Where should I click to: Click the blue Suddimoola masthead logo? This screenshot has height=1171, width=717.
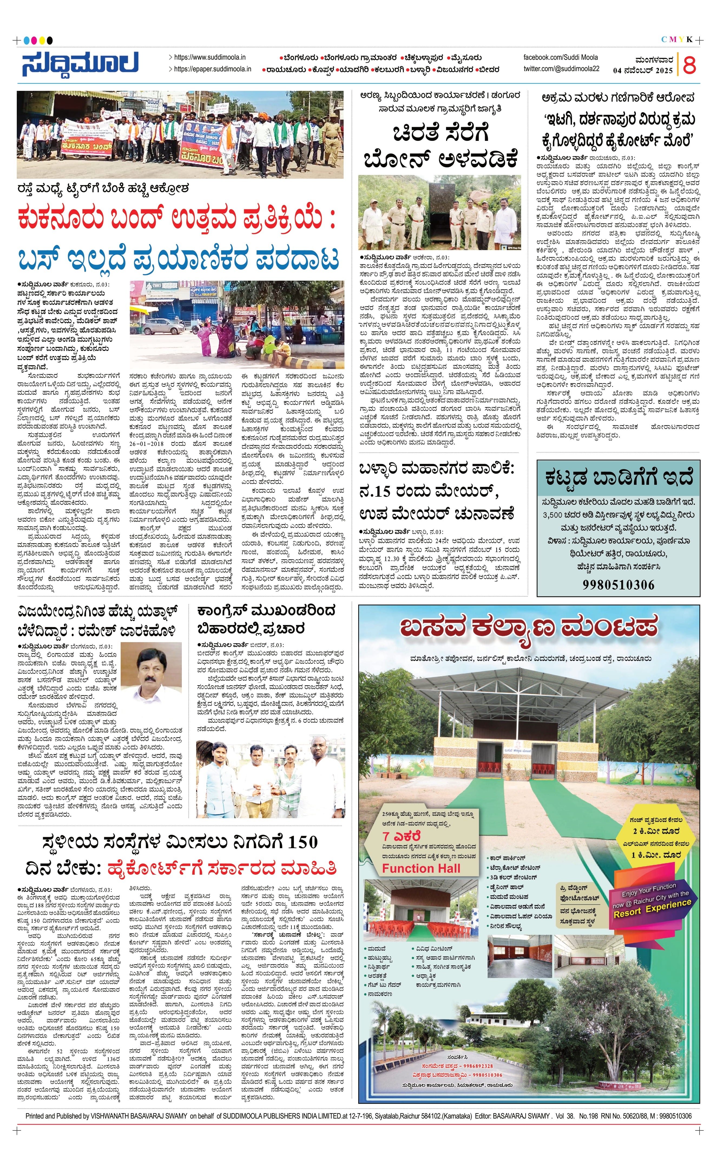(80, 64)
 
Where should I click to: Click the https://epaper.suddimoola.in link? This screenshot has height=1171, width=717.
(212, 69)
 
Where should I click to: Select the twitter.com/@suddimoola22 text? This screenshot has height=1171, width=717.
(561, 69)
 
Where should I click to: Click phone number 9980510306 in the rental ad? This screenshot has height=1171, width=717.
(618, 585)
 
